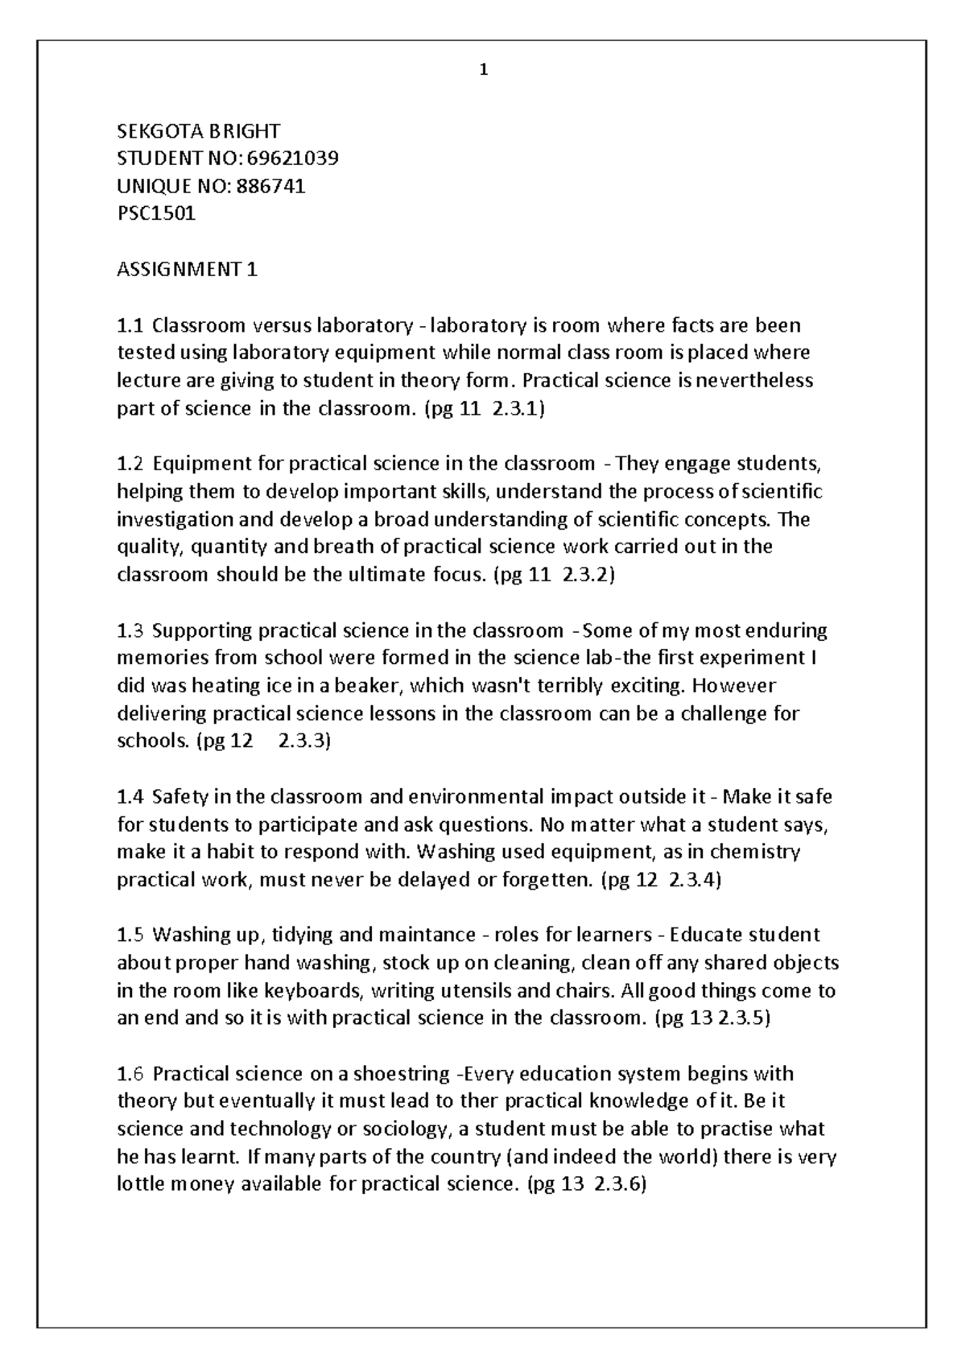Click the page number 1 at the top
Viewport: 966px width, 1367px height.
[x=483, y=70]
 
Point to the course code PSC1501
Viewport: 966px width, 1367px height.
[x=156, y=214]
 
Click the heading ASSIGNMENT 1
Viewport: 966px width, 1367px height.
[x=187, y=269]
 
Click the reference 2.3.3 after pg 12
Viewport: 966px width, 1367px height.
[x=303, y=741]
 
